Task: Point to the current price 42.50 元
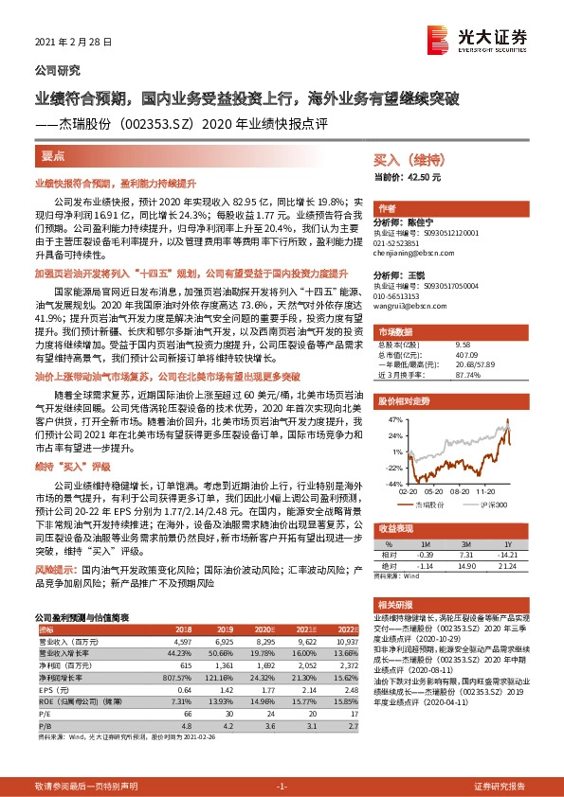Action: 409,176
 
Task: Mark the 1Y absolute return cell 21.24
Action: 506,566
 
